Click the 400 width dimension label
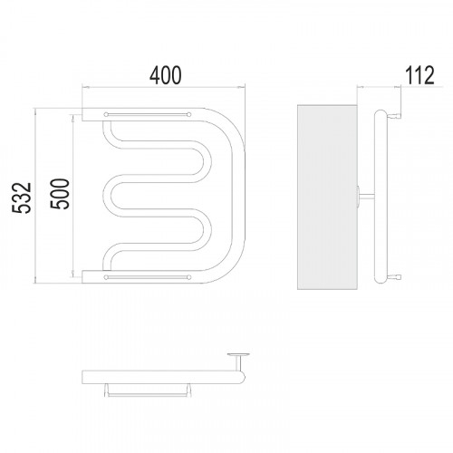point(166,75)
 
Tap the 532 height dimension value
point(22,198)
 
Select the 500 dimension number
point(60,194)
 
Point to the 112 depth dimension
point(419,75)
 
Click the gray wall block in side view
point(327,197)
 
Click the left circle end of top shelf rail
point(106,114)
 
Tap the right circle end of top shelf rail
point(189,114)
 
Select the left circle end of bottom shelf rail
point(106,277)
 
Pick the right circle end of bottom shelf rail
point(189,277)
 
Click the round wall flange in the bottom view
point(238,354)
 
